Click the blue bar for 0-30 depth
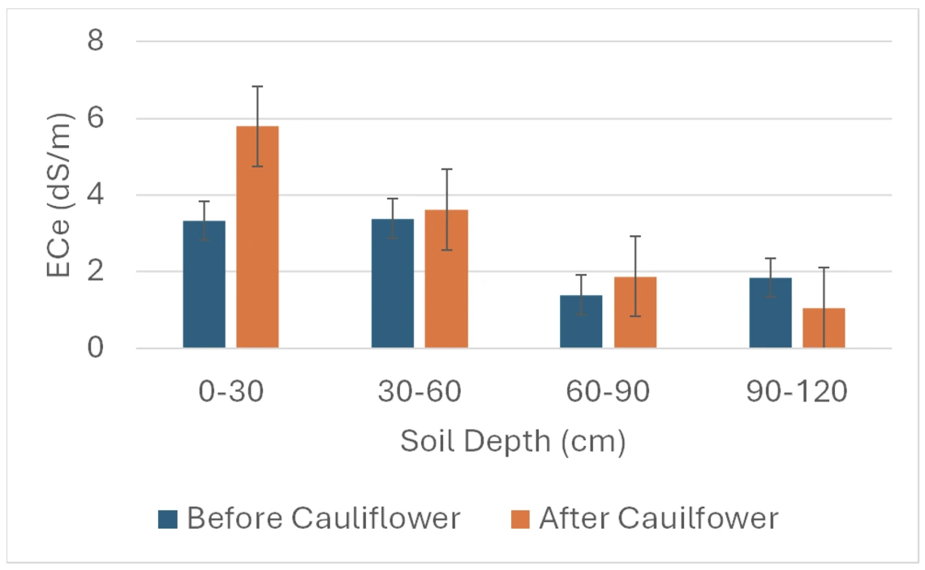(204, 285)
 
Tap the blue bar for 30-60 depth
(393, 284)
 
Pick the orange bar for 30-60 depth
(446, 279)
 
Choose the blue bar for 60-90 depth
(581, 322)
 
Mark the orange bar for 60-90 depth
(635, 313)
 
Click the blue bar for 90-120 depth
(770, 313)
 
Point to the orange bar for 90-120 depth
(824, 328)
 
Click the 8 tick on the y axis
(96, 41)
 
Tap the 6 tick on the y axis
(96, 118)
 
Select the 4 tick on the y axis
(96, 195)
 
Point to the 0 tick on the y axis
(96, 349)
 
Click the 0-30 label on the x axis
(230, 392)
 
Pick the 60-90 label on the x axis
(608, 392)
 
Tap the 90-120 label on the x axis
(797, 392)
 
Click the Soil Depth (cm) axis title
(513, 443)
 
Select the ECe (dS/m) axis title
(58, 195)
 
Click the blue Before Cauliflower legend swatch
(167, 519)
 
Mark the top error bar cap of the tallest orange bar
(257, 86)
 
